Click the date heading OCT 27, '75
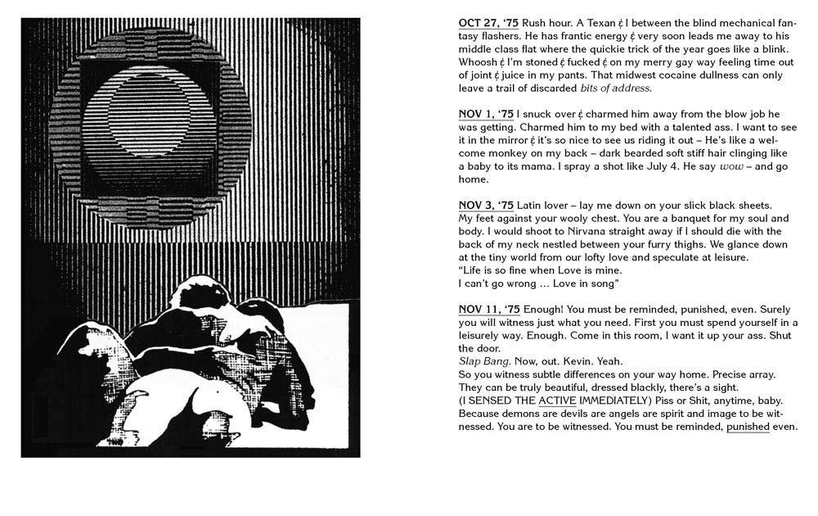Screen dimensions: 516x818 [x=488, y=23]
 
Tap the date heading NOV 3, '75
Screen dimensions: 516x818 [x=486, y=205]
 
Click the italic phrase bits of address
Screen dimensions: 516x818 [x=615, y=88]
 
